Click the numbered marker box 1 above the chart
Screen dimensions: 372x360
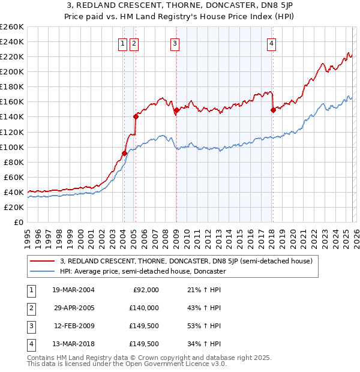click(x=122, y=43)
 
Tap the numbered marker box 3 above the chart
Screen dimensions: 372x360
click(x=175, y=43)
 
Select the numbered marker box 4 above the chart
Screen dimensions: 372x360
click(x=271, y=43)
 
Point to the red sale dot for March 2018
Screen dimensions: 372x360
click(x=272, y=110)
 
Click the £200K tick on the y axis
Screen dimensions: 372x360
click(x=12, y=71)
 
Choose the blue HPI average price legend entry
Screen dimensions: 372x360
click(x=142, y=271)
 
